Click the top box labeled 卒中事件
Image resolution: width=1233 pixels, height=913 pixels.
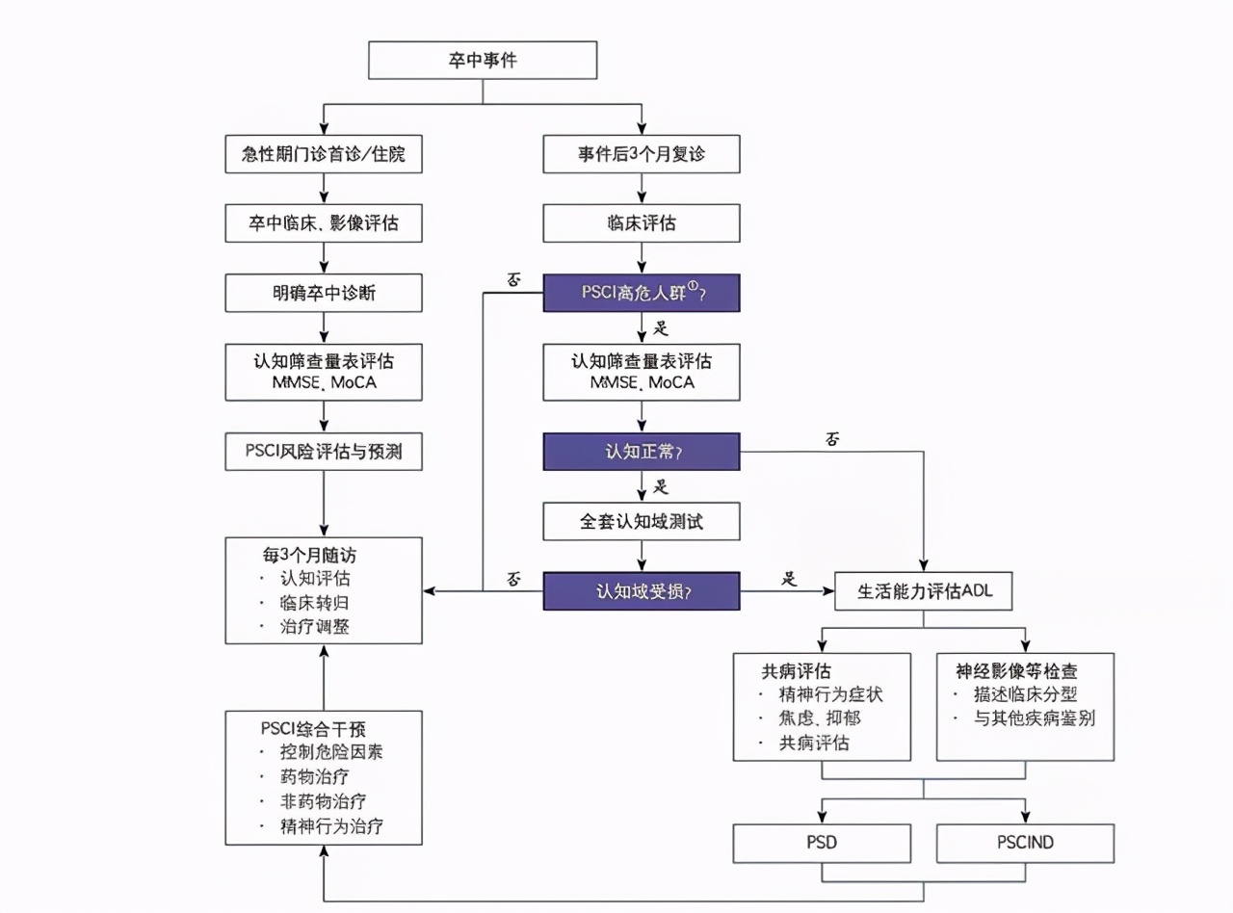pyautogui.click(x=483, y=61)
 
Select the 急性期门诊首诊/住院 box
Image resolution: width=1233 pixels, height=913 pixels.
pyautogui.click(x=324, y=154)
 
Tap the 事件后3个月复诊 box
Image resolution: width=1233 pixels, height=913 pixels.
pyautogui.click(x=642, y=154)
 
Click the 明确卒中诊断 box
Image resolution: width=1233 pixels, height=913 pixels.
pyautogui.click(x=324, y=293)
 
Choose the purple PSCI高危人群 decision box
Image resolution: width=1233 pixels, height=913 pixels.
pyautogui.click(x=642, y=293)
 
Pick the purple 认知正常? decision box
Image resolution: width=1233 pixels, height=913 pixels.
pyautogui.click(x=642, y=452)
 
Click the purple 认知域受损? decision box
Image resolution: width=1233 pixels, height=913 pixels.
pyautogui.click(x=642, y=590)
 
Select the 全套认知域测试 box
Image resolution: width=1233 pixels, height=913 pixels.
pyautogui.click(x=642, y=521)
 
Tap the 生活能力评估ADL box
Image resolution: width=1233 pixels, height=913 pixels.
pyautogui.click(x=924, y=591)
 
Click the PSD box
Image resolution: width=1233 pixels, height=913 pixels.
pyautogui.click(x=822, y=843)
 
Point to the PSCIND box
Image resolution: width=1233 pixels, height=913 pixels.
pyautogui.click(x=1025, y=843)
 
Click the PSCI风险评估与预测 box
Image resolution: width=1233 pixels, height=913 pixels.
pyautogui.click(x=324, y=452)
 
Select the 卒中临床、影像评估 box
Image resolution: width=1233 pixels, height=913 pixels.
pyautogui.click(x=324, y=223)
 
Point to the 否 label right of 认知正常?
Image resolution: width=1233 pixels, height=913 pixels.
pyautogui.click(x=833, y=439)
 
